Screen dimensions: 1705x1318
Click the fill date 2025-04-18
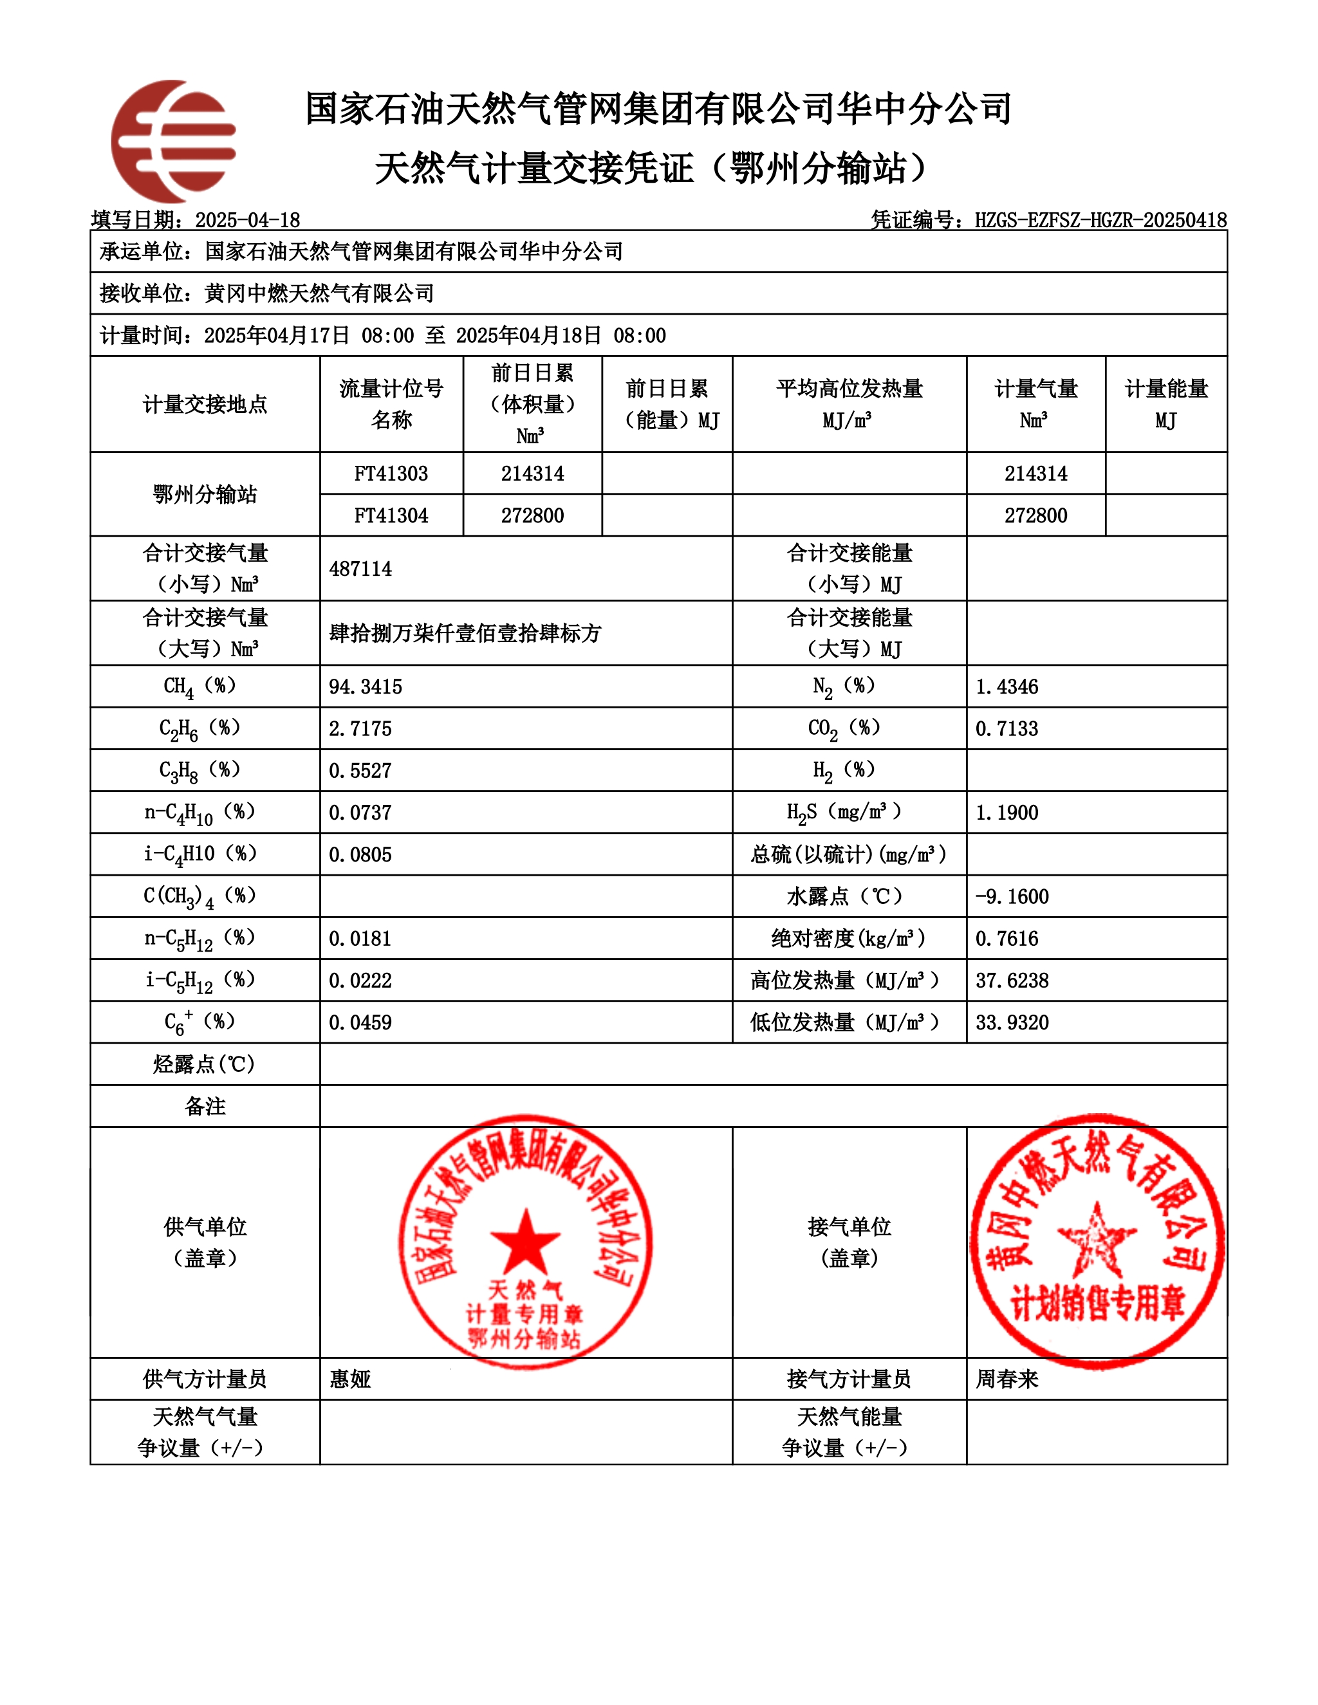248,220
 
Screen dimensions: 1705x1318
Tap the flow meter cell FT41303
391,474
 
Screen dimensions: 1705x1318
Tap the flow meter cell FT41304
391,516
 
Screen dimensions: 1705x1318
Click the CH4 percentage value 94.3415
366,687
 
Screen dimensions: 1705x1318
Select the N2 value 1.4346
1007,687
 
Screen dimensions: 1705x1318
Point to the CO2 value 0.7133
1007,729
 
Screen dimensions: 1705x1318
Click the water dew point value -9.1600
1011,897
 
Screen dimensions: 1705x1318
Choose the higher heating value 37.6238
1012,981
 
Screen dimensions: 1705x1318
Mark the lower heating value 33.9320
1012,1023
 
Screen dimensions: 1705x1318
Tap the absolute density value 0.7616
1007,939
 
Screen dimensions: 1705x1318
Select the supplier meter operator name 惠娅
350,1379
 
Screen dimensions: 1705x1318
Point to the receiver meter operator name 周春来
1007,1379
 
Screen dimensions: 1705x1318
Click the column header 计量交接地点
205,405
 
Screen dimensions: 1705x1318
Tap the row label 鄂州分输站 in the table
205,495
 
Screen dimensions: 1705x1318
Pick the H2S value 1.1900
1007,813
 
